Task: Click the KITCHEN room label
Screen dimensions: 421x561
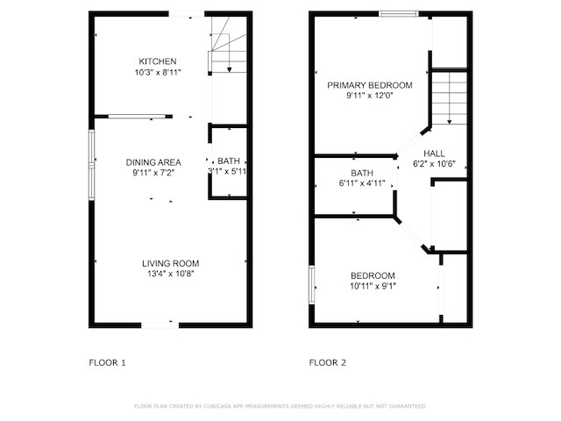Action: tap(158, 61)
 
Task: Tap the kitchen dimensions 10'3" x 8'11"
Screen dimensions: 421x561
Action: tap(158, 72)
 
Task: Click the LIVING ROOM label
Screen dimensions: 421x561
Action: tap(171, 263)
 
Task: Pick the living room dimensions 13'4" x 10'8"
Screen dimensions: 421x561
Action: tap(171, 274)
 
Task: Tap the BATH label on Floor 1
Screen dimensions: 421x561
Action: tap(229, 161)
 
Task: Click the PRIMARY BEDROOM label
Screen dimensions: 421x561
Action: tap(369, 85)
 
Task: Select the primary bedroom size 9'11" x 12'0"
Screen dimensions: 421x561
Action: tap(369, 96)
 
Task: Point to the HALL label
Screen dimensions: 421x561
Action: tap(434, 153)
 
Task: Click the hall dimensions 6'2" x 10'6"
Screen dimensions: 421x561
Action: tap(434, 164)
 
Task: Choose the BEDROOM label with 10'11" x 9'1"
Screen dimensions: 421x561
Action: tap(373, 275)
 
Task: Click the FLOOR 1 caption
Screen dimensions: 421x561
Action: tap(108, 362)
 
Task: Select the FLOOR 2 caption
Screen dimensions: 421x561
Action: tap(328, 362)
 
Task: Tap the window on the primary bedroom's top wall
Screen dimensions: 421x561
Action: tap(397, 13)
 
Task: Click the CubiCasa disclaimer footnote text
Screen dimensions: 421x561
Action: tap(280, 406)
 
